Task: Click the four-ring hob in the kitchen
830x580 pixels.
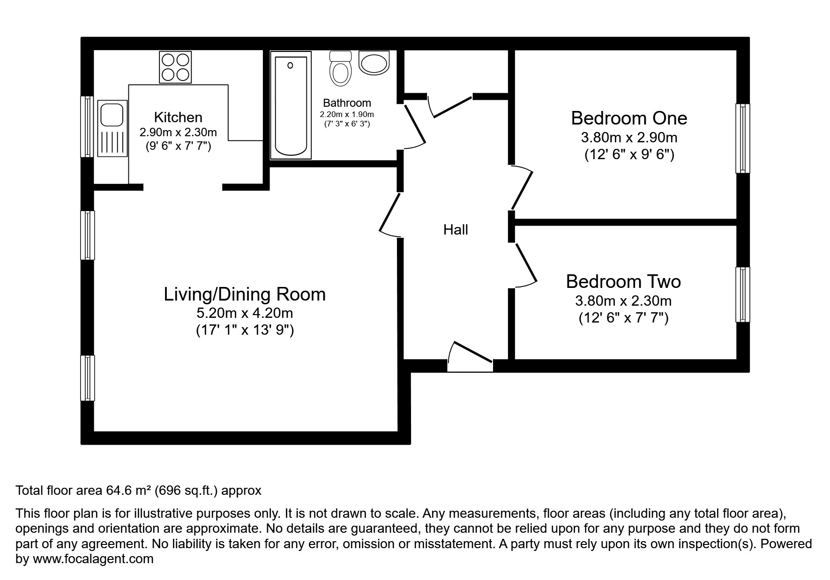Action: coord(176,67)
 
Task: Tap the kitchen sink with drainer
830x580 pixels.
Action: coord(112,128)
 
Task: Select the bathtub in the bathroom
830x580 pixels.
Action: coord(291,105)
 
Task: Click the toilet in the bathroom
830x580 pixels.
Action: coord(341,69)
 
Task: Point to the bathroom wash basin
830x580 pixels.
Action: coord(374,63)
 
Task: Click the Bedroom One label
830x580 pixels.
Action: coord(628,118)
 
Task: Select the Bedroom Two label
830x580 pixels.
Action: coord(623,281)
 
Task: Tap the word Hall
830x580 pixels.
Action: coord(456,230)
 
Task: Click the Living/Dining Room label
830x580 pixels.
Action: coord(244,294)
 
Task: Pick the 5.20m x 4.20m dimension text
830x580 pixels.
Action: coord(244,312)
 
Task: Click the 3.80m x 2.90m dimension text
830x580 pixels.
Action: coord(628,138)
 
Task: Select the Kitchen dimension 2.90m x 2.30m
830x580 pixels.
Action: coord(178,132)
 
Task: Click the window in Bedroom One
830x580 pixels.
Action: coord(742,138)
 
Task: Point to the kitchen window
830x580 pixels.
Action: coord(87,126)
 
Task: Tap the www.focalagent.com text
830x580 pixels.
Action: coord(93,559)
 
